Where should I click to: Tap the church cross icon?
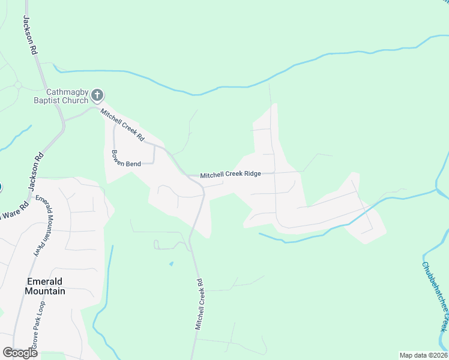(97, 95)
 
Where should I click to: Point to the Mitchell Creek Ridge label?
(231, 174)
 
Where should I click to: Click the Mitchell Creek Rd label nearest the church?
(122, 124)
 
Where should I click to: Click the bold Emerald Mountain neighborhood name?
(45, 286)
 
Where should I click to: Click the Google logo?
(20, 353)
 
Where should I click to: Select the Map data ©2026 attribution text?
(423, 355)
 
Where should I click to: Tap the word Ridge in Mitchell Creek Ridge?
(252, 174)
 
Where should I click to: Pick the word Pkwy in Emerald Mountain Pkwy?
(38, 248)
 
